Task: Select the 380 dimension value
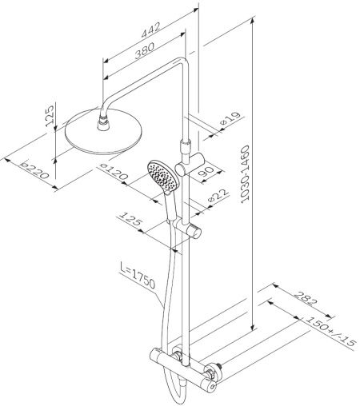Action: point(144,50)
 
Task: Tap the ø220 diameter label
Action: point(35,170)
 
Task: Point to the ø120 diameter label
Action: point(114,171)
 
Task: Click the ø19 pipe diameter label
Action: point(230,118)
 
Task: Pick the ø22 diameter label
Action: point(218,196)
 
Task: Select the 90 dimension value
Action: point(206,172)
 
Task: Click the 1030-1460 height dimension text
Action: point(245,174)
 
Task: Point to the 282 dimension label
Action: point(306,298)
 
